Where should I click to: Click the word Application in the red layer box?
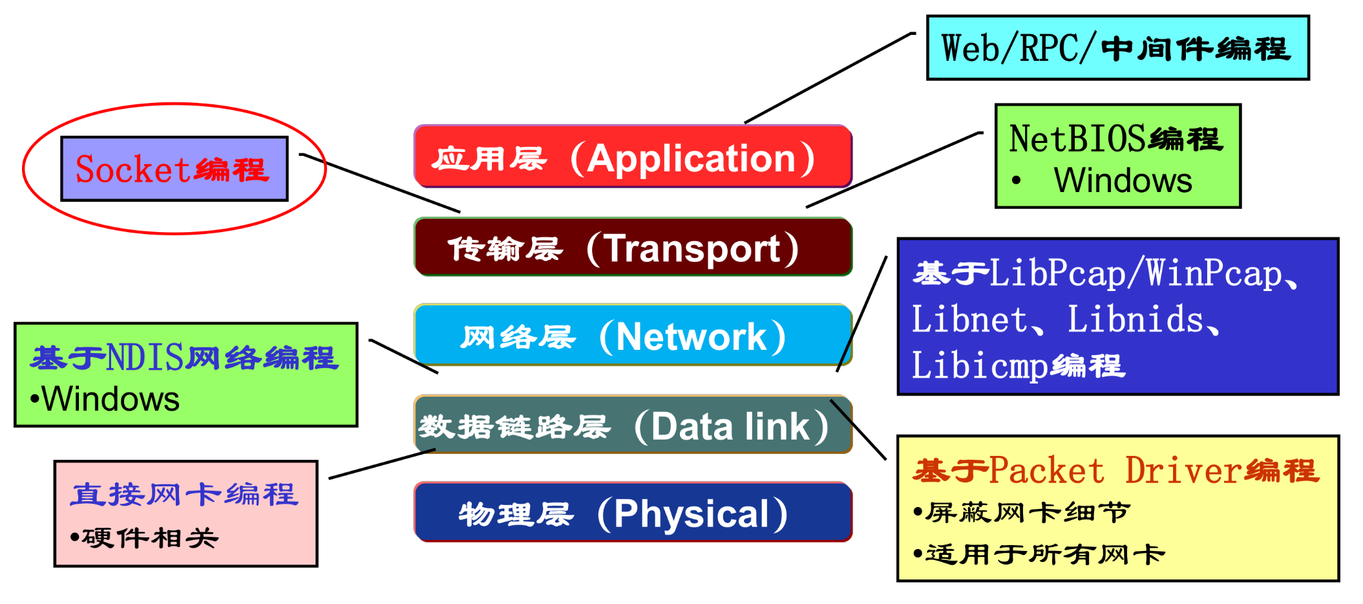(x=692, y=158)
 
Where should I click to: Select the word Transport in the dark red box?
(x=693, y=249)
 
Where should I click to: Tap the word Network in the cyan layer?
(x=691, y=337)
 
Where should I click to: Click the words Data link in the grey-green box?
(x=730, y=427)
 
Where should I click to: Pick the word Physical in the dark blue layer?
(x=691, y=515)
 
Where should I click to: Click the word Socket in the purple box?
(x=132, y=170)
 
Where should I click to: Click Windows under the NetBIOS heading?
(x=1123, y=180)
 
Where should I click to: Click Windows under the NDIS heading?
(x=111, y=399)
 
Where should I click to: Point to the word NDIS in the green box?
(x=145, y=358)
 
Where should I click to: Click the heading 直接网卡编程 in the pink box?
(x=184, y=495)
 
